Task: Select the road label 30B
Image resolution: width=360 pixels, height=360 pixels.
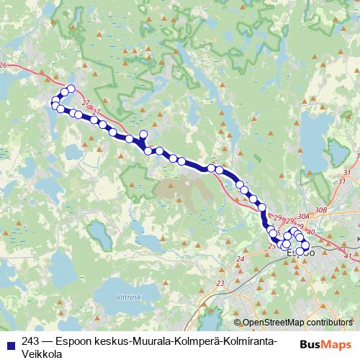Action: pyautogui.click(x=320, y=210)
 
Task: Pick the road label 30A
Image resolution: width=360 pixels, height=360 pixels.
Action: pyautogui.click(x=302, y=215)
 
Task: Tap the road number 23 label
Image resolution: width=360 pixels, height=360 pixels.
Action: pyautogui.click(x=220, y=283)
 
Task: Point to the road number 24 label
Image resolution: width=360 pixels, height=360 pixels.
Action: pyautogui.click(x=240, y=257)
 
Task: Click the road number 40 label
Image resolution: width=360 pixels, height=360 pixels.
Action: pyautogui.click(x=310, y=231)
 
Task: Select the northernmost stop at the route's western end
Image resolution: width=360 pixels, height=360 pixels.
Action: pyautogui.click(x=71, y=90)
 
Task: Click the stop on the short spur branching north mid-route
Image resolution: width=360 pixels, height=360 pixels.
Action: pyautogui.click(x=143, y=134)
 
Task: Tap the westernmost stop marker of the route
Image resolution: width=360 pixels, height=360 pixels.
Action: pyautogui.click(x=55, y=105)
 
